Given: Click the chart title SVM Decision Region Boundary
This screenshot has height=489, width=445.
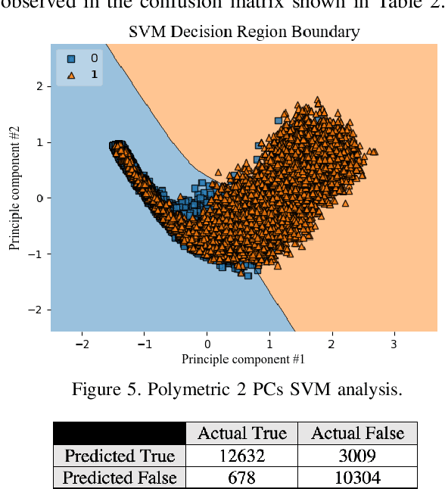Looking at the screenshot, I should pyautogui.click(x=244, y=32).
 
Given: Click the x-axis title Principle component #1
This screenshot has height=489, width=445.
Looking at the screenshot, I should pyautogui.click(x=244, y=358).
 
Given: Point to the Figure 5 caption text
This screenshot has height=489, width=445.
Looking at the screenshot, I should pyautogui.click(x=236, y=390).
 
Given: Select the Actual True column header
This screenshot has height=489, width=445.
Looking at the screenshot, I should pyautogui.click(x=241, y=433).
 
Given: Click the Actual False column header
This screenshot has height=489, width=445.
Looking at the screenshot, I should pyautogui.click(x=357, y=433).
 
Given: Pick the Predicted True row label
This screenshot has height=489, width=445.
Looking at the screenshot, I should pyautogui.click(x=120, y=456).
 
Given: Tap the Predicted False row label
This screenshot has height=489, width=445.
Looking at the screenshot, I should pyautogui.click(x=120, y=478).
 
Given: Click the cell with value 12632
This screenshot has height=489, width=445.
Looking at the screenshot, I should pyautogui.click(x=241, y=456).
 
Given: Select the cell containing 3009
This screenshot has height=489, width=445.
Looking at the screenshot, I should pyautogui.click(x=357, y=456).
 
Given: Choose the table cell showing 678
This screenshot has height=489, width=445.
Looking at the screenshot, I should pyautogui.click(x=241, y=478).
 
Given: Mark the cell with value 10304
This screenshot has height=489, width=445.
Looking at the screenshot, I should pyautogui.click(x=357, y=478).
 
